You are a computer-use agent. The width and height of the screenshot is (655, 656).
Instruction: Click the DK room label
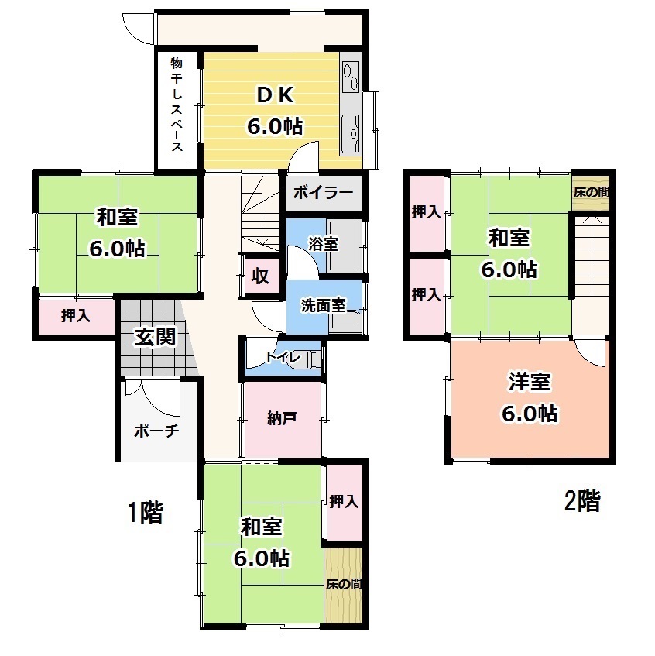(x=275, y=95)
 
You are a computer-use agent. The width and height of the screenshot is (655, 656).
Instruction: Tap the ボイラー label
(x=323, y=193)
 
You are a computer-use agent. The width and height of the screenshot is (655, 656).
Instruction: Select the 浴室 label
(x=323, y=244)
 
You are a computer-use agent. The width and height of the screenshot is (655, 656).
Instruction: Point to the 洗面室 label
(x=324, y=306)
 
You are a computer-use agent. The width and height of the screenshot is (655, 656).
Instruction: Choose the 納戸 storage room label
(x=282, y=418)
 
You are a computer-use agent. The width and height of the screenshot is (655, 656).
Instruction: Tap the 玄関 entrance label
(x=155, y=337)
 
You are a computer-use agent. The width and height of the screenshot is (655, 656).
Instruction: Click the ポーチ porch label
(x=156, y=431)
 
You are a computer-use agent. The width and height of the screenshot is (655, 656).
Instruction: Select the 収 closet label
(x=259, y=276)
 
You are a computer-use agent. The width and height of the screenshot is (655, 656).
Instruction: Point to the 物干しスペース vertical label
(x=177, y=105)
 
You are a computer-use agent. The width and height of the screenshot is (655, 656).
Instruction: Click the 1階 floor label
(x=145, y=512)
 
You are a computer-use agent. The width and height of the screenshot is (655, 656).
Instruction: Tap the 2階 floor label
(x=582, y=500)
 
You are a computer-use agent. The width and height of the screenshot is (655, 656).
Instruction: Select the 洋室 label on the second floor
(x=530, y=382)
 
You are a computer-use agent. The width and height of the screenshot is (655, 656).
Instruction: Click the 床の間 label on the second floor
(x=591, y=192)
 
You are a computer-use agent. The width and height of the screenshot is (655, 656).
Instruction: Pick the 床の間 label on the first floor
(x=344, y=584)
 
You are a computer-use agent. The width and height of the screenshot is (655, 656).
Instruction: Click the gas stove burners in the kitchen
(x=351, y=76)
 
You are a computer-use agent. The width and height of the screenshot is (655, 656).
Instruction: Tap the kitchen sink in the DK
(x=351, y=134)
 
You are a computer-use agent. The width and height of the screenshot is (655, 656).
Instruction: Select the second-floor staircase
(x=591, y=256)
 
